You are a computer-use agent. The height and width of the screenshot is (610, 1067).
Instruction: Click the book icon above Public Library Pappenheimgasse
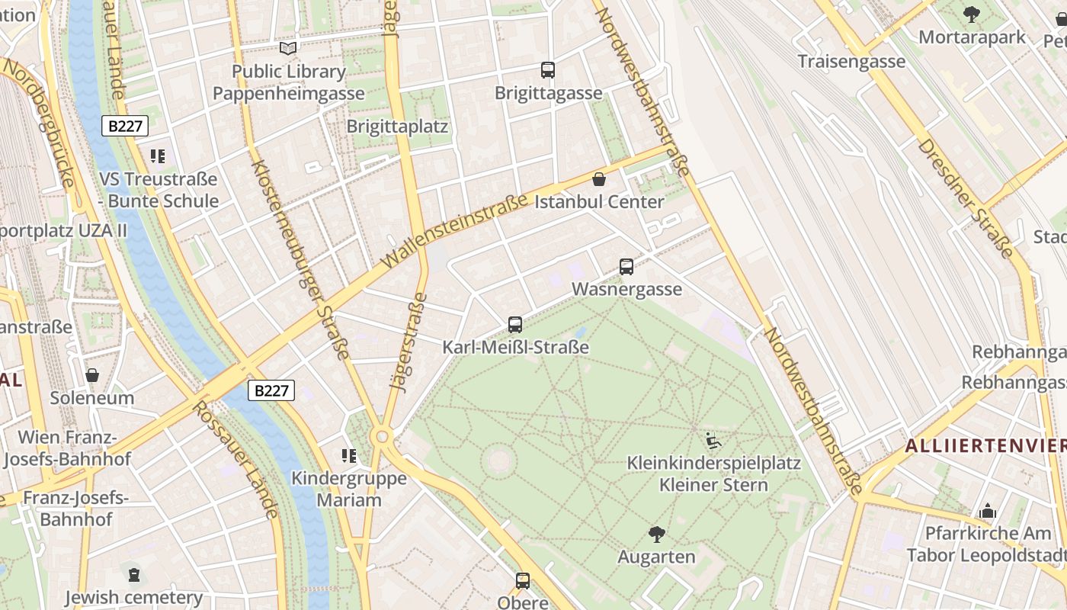tap(287, 49)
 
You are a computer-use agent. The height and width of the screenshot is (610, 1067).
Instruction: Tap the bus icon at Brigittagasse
tap(548, 70)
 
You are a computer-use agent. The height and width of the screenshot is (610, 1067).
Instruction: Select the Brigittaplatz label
tap(397, 126)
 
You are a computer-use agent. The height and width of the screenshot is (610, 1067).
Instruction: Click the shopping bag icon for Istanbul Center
tap(599, 180)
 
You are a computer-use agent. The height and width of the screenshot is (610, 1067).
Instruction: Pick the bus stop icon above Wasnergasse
tap(626, 267)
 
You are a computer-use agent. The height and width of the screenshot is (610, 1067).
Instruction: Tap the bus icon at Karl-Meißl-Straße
tap(515, 325)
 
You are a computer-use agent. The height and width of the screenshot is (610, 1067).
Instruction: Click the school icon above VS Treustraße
tap(158, 157)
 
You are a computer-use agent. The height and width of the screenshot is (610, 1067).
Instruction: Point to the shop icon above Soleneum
tap(92, 375)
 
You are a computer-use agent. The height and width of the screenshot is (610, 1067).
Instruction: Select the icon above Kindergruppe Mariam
tap(349, 456)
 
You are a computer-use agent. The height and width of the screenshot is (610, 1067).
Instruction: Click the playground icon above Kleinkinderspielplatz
tap(713, 440)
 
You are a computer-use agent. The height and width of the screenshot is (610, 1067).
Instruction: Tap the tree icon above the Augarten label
tap(656, 534)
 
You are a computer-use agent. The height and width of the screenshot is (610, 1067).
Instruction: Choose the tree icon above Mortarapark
tap(972, 14)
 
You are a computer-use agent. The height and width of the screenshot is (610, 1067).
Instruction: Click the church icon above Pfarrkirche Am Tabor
tap(988, 511)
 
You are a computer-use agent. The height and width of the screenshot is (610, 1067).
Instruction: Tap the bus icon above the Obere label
tap(523, 580)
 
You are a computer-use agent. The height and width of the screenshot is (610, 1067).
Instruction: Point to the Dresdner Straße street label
tap(966, 198)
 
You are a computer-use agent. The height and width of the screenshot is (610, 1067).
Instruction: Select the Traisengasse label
tap(851, 61)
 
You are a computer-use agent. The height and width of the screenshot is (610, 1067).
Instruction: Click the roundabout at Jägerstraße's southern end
tap(382, 437)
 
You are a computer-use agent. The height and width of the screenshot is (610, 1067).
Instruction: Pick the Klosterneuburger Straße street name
tap(300, 259)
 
